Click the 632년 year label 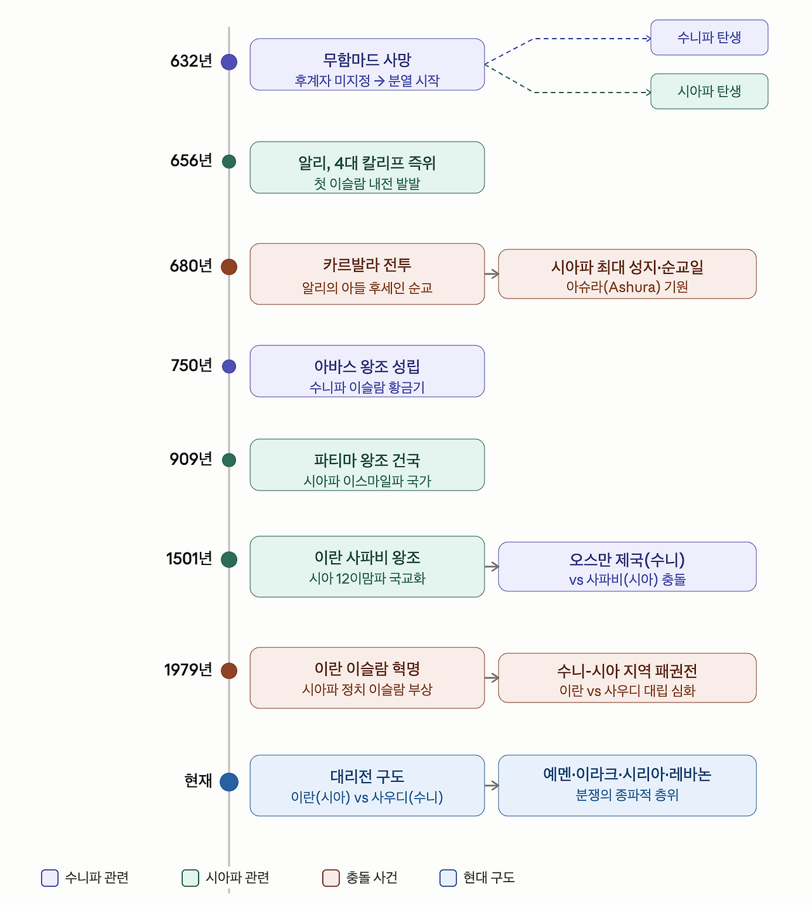click(x=191, y=61)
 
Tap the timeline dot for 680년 click(x=229, y=266)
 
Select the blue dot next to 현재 click(x=229, y=782)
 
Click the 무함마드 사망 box click(x=367, y=64)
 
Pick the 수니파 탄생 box click(x=709, y=37)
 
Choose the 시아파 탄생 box click(x=709, y=91)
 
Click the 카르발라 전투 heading click(x=367, y=265)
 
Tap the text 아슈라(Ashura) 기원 click(x=627, y=287)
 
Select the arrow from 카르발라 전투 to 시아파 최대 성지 click(x=492, y=273)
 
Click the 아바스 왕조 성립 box click(x=367, y=371)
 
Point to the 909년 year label click(x=191, y=459)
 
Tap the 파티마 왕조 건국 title click(x=367, y=460)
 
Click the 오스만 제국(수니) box click(x=627, y=566)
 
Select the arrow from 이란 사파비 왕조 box click(x=492, y=566)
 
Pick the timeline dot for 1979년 click(x=229, y=670)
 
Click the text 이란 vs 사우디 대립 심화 click(x=627, y=691)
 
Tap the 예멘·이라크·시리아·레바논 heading click(x=627, y=774)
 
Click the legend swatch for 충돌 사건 click(x=331, y=878)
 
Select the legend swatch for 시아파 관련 click(x=190, y=878)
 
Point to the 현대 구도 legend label click(x=489, y=878)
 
